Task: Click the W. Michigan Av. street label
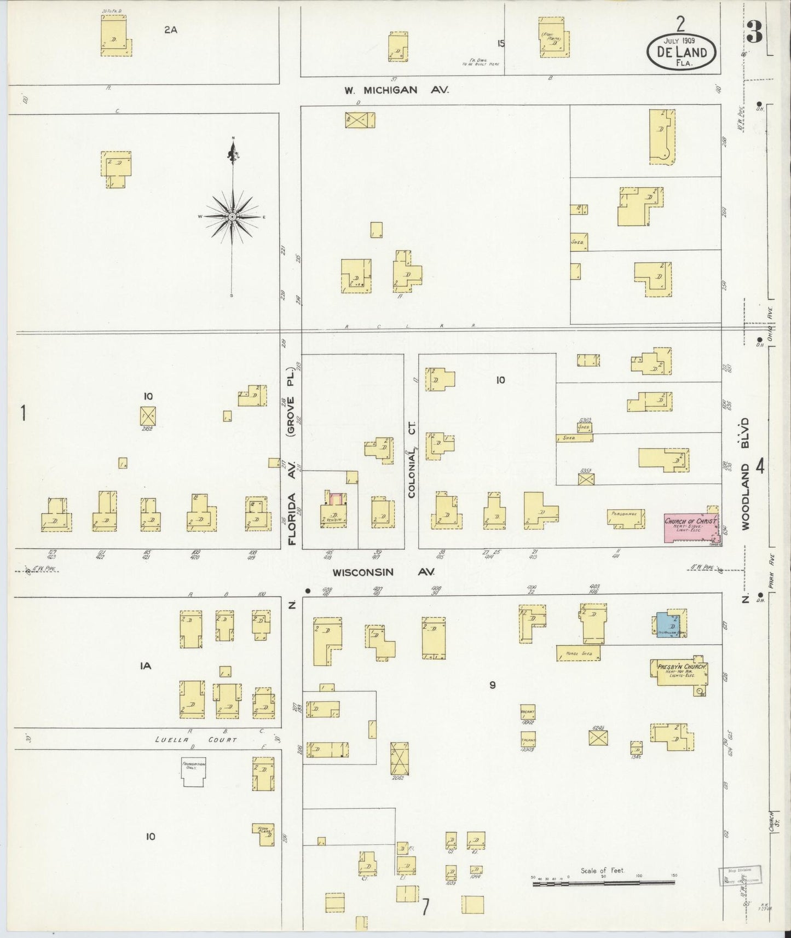(x=396, y=90)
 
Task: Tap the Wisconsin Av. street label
(x=383, y=572)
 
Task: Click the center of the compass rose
(x=233, y=217)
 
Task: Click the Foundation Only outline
(x=194, y=772)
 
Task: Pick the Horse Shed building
(x=578, y=653)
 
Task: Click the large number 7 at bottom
(x=426, y=907)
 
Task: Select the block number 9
(x=493, y=685)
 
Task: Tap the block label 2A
(x=171, y=31)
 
